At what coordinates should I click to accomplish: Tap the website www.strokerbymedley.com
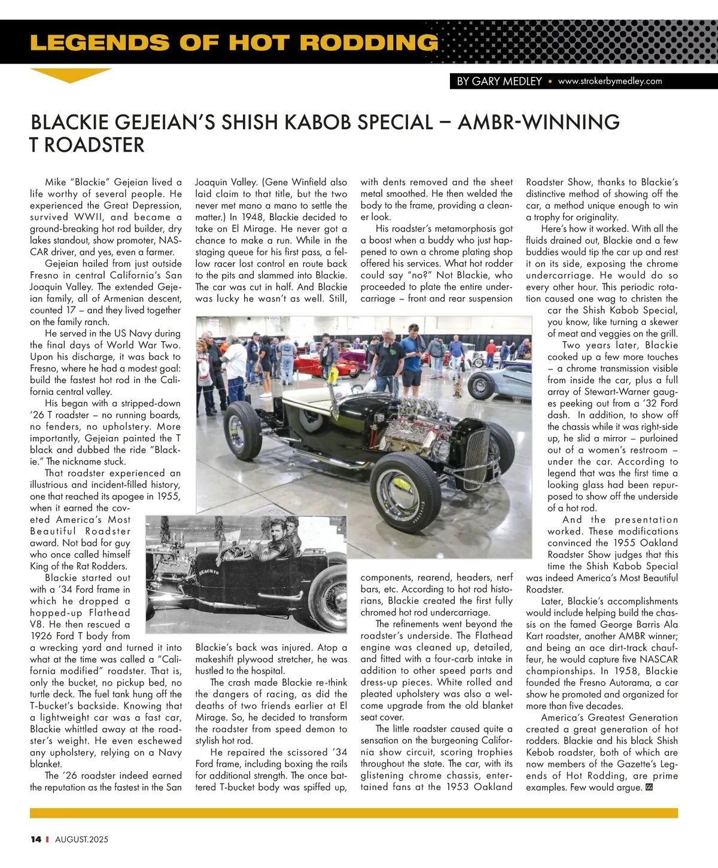[x=610, y=81]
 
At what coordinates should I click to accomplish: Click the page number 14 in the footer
[x=36, y=839]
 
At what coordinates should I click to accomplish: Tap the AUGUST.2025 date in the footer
[x=82, y=839]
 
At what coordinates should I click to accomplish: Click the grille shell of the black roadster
[x=477, y=454]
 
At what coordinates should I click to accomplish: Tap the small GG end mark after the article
[x=649, y=787]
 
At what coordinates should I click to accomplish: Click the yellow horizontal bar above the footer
[x=354, y=813]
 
